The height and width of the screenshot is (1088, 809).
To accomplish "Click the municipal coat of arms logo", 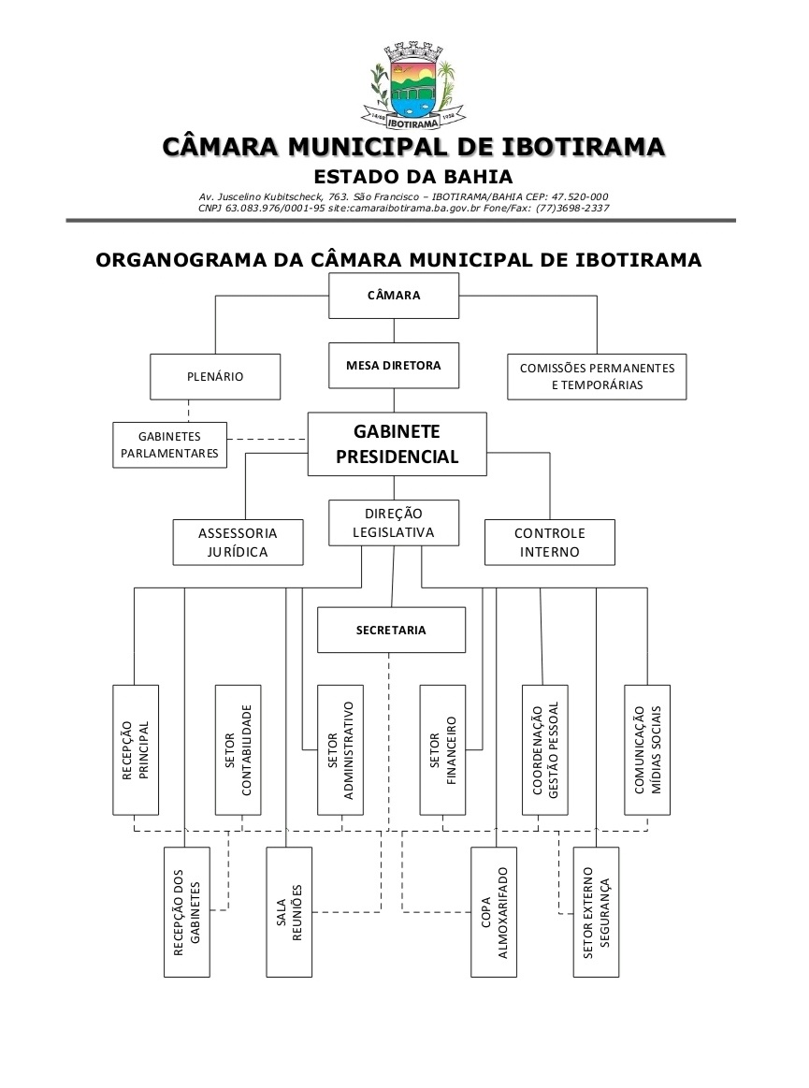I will tap(413, 83).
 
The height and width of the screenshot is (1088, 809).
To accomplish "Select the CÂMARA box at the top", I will tap(393, 296).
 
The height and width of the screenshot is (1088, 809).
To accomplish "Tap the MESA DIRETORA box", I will tap(393, 366).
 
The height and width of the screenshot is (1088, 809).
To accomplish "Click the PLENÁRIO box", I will tap(215, 377).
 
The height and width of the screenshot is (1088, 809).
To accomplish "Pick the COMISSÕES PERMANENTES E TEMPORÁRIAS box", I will tap(597, 377).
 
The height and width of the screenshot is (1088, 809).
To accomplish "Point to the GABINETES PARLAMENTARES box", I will tap(169, 444).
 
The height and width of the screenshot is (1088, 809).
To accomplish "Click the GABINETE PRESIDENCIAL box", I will tap(397, 444).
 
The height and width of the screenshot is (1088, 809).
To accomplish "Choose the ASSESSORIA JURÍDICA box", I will tap(238, 543).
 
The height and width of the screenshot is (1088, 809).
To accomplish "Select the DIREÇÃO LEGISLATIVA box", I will tap(393, 524).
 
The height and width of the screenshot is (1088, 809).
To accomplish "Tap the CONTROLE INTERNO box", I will tap(549, 543).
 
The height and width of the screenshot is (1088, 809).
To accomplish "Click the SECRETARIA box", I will tap(391, 630).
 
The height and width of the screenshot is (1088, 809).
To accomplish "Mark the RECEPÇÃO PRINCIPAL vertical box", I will tap(135, 749).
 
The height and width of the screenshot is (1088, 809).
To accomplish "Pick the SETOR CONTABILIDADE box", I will tap(238, 749).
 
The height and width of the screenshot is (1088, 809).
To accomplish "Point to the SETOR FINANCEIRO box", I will tap(442, 749).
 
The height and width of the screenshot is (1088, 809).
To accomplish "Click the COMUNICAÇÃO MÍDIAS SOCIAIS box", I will tap(647, 749).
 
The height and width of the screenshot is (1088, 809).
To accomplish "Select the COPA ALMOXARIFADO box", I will tap(494, 912).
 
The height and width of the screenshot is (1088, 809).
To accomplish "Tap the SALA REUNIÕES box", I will tap(288, 912).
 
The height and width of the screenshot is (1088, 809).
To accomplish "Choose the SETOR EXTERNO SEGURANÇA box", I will tap(596, 912).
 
